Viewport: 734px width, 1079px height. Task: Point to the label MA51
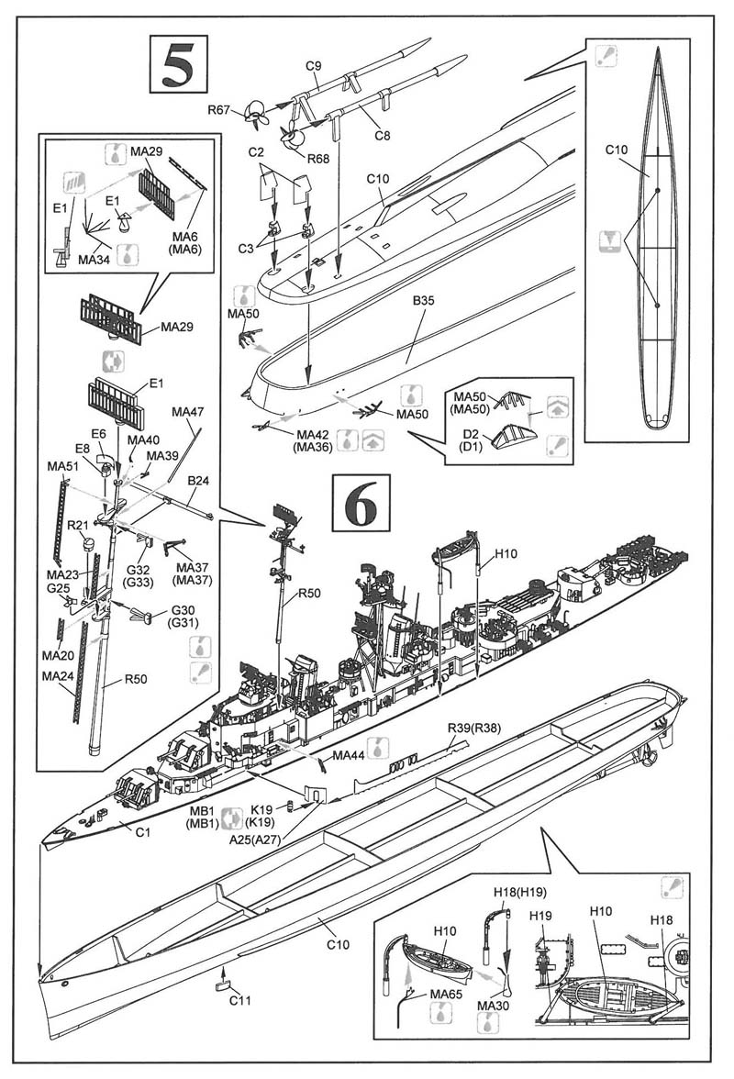coord(62,468)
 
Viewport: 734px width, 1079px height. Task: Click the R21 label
coord(77,525)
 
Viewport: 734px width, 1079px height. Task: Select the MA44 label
coord(348,755)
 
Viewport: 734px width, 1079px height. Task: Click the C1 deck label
coord(142,831)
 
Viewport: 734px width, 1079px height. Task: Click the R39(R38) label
coord(472,728)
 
